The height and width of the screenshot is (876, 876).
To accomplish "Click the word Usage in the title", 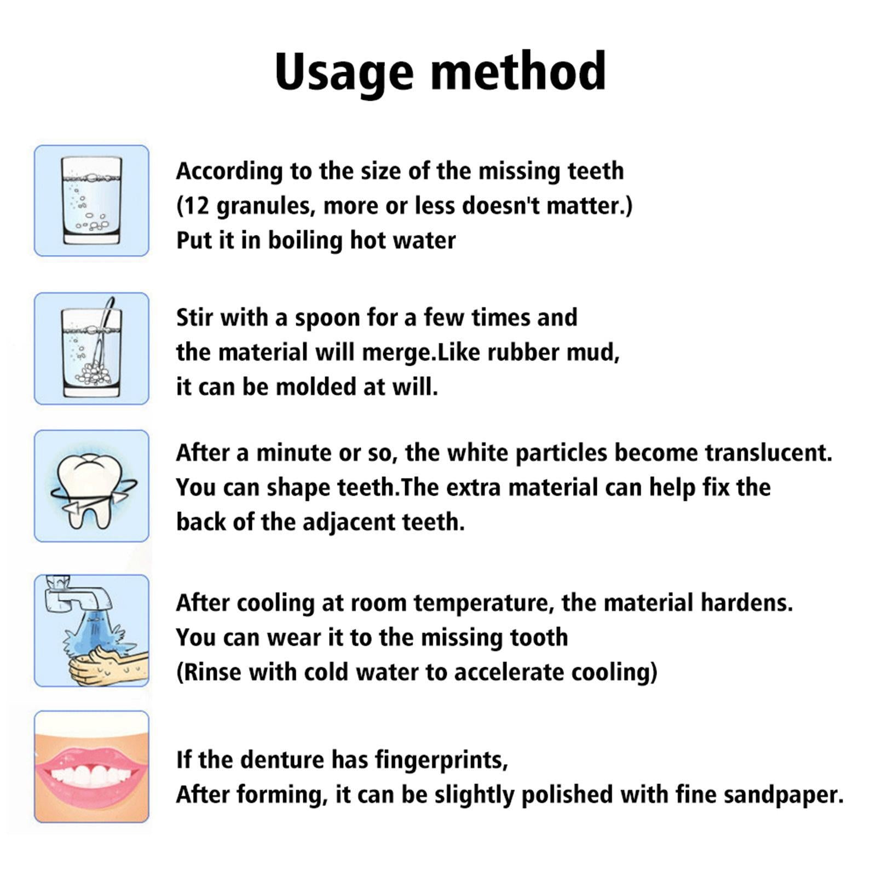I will [x=343, y=72].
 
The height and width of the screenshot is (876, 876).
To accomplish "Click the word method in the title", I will [x=518, y=71].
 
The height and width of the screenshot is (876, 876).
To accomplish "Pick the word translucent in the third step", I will [x=768, y=453].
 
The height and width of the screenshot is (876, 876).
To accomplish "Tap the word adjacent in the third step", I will [x=349, y=522].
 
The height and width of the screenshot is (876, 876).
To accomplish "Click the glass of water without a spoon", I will [x=91, y=200].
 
